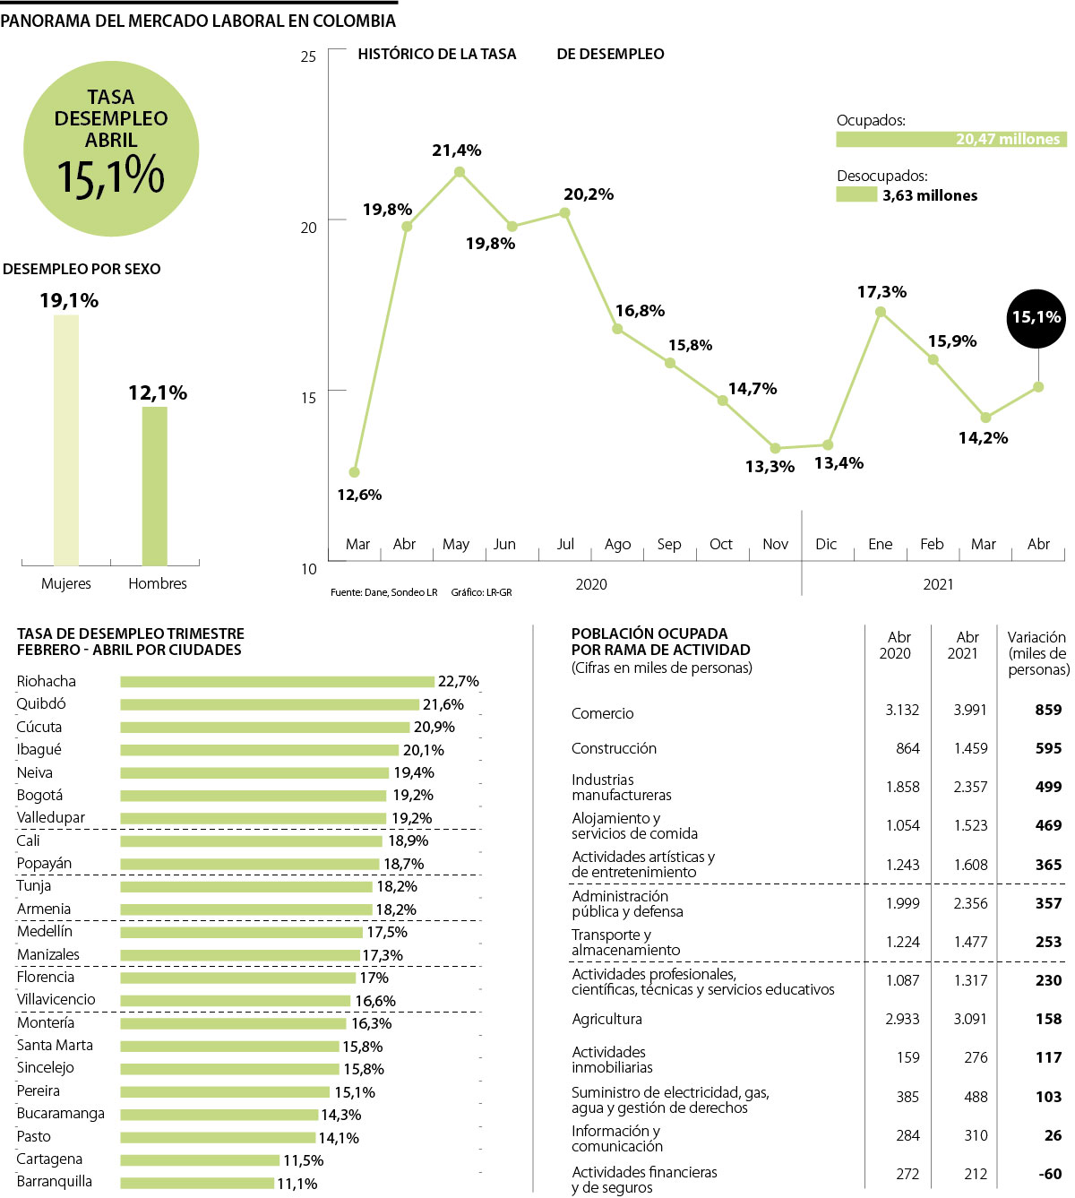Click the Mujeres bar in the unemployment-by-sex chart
click(x=66, y=439)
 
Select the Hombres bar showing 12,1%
click(x=154, y=486)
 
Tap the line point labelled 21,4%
click(x=460, y=172)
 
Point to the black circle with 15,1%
click(x=1036, y=317)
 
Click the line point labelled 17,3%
click(x=881, y=312)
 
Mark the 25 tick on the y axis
click(x=309, y=56)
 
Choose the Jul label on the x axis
click(x=565, y=544)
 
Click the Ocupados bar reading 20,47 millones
click(x=951, y=139)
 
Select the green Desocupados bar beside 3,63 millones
click(x=856, y=194)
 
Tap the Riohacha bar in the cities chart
click(x=277, y=682)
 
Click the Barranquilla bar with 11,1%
click(x=197, y=1183)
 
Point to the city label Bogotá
click(x=39, y=795)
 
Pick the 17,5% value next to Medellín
click(x=387, y=932)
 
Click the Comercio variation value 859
click(x=1048, y=710)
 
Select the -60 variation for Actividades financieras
click(x=1050, y=1174)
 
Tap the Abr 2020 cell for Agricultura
click(x=902, y=1019)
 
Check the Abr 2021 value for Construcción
click(x=970, y=748)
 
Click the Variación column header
click(x=1037, y=653)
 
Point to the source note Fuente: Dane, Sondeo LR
click(x=383, y=592)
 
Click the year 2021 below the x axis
click(x=938, y=584)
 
